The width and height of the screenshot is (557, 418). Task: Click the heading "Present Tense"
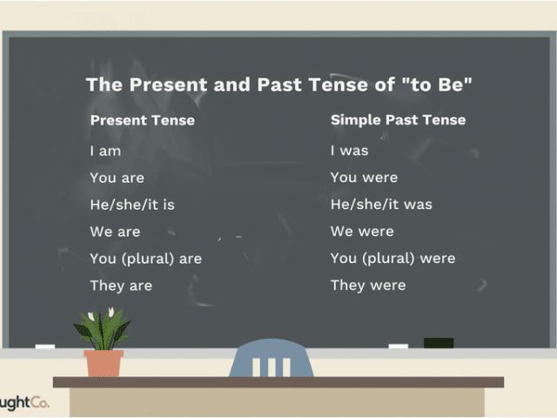click(x=143, y=120)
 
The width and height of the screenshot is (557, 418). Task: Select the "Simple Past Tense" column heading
click(x=399, y=120)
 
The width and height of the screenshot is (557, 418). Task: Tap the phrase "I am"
click(x=105, y=151)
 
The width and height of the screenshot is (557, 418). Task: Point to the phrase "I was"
click(x=349, y=151)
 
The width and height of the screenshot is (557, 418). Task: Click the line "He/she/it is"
click(x=132, y=205)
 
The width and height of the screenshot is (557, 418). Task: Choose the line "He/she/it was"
click(x=381, y=205)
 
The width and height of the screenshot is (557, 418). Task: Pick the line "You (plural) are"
click(x=145, y=259)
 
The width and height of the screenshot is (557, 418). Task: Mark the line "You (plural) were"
click(x=393, y=259)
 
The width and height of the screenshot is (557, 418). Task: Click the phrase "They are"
click(x=121, y=286)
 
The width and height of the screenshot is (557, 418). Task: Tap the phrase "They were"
click(x=368, y=286)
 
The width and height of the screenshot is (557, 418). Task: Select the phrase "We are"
click(x=115, y=232)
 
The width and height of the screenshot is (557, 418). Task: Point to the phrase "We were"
click(x=362, y=232)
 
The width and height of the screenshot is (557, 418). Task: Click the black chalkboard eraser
click(x=439, y=343)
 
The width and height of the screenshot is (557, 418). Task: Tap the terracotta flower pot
click(x=104, y=363)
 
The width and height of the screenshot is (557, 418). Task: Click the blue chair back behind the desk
click(x=272, y=358)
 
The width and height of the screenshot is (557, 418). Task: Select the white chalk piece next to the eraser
click(x=399, y=346)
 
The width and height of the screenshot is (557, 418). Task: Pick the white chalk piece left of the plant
click(x=45, y=347)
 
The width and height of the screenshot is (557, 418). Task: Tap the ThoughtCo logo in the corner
click(x=24, y=402)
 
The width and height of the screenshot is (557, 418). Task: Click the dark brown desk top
click(x=278, y=382)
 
